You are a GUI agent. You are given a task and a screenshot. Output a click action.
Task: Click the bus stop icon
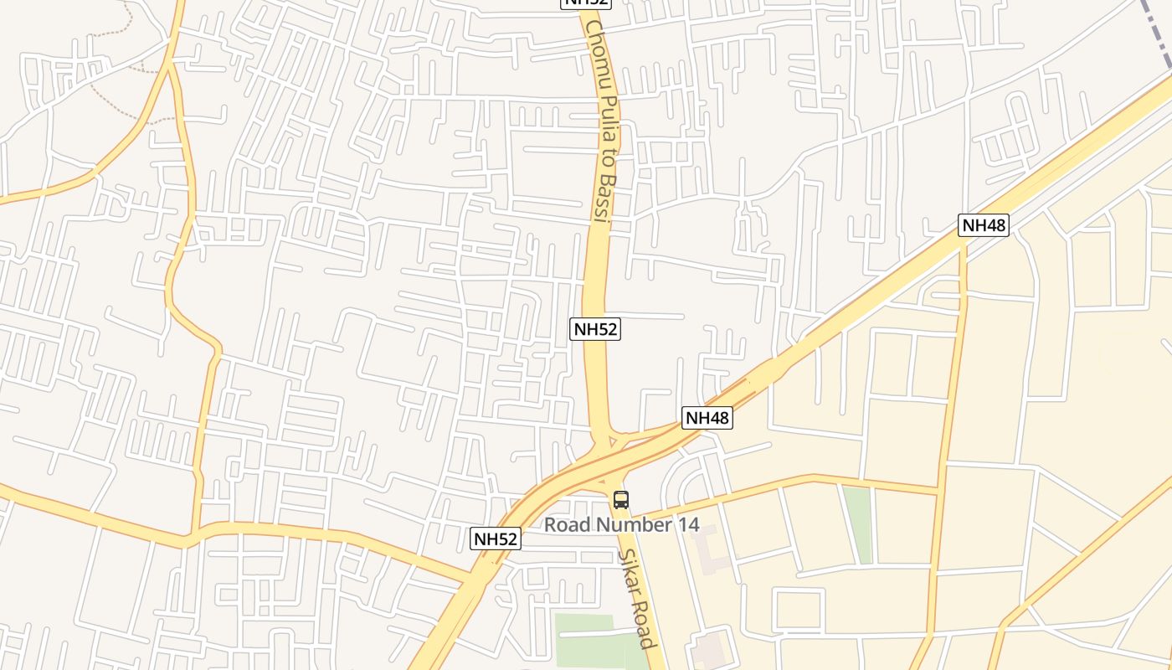pyautogui.click(x=620, y=500)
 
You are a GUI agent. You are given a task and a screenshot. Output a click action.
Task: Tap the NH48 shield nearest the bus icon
pyautogui.click(x=707, y=418)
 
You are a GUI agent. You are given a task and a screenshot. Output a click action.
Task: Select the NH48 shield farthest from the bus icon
pyautogui.click(x=984, y=224)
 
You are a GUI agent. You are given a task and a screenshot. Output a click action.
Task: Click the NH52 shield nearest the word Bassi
pyautogui.click(x=595, y=329)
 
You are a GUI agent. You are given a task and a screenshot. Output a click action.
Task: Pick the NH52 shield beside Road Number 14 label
pyautogui.click(x=496, y=539)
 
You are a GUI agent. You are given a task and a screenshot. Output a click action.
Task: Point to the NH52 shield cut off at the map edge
pyautogui.click(x=586, y=3)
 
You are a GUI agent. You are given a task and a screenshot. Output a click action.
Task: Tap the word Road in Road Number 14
pyautogui.click(x=566, y=525)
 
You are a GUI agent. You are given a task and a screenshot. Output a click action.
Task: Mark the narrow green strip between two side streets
pyautogui.click(x=857, y=524)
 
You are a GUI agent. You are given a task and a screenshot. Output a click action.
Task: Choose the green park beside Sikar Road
pyautogui.click(x=590, y=642)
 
